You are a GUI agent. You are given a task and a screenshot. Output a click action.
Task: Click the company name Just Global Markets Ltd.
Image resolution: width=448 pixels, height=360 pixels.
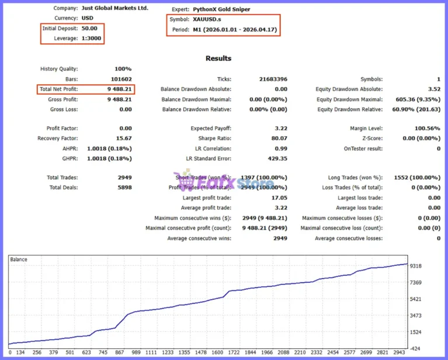click(115, 8)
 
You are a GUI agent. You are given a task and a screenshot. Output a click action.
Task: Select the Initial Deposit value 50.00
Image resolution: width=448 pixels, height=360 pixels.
click(89, 28)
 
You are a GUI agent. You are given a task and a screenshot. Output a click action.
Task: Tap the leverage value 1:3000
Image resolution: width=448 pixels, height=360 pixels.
click(92, 39)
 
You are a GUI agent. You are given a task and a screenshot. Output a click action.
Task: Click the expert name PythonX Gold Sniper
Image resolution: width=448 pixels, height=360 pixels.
click(221, 9)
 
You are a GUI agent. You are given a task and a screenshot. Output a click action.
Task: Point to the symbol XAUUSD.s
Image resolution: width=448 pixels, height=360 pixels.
click(207, 19)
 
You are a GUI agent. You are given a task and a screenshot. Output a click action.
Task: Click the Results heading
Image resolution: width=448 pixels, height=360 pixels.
click(218, 58)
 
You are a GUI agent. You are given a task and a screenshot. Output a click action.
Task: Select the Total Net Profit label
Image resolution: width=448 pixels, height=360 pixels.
click(58, 89)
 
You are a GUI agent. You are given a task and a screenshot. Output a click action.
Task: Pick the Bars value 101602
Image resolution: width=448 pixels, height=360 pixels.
click(121, 79)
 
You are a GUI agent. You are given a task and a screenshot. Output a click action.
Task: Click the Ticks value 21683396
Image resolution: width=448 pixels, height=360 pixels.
click(273, 79)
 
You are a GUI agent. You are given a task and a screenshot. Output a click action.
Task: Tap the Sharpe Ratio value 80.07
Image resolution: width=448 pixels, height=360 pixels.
click(279, 139)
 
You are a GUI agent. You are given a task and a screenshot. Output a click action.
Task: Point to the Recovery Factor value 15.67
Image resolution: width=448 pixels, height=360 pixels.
click(124, 139)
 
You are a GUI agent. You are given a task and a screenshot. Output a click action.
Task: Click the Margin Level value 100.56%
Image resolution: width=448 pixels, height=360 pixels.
click(428, 129)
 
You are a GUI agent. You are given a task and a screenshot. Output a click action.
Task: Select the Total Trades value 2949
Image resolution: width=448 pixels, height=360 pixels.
click(124, 178)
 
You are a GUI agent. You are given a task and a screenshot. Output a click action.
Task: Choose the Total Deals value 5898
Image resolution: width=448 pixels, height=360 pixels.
click(124, 188)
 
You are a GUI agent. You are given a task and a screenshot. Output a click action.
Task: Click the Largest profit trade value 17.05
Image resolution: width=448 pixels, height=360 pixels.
click(279, 198)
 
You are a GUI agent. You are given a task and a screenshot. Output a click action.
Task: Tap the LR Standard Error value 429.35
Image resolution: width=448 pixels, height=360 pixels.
click(277, 159)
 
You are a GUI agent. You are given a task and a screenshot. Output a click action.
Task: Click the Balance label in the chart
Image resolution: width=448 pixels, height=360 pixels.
click(19, 259)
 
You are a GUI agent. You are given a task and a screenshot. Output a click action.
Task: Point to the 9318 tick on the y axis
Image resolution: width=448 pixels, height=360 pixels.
click(416, 266)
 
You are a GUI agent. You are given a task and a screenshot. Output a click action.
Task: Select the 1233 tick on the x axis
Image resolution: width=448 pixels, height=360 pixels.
click(168, 352)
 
